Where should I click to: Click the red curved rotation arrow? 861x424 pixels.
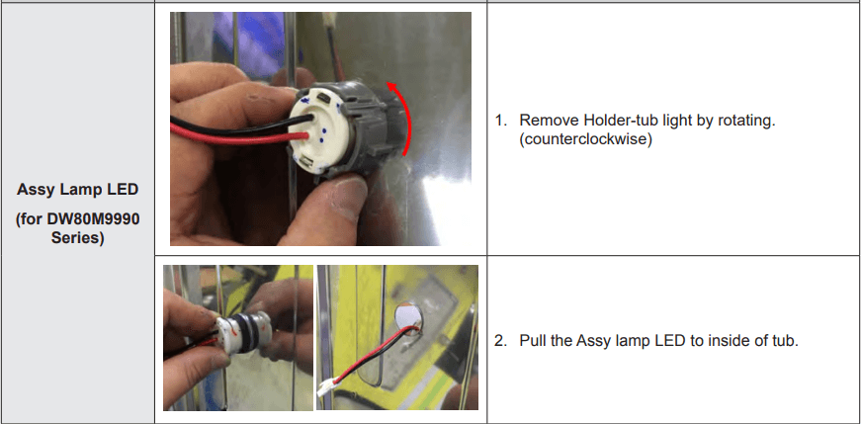click(406, 113)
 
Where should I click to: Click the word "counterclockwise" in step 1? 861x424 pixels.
click(586, 139)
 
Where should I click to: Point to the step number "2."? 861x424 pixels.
click(501, 341)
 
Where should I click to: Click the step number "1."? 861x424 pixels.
click(501, 121)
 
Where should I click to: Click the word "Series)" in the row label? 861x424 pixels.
click(77, 239)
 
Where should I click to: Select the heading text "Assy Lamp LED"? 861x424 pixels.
click(77, 190)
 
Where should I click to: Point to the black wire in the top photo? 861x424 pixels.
click(241, 125)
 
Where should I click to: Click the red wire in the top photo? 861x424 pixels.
click(240, 135)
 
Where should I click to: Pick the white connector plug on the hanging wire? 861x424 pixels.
click(329, 387)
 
